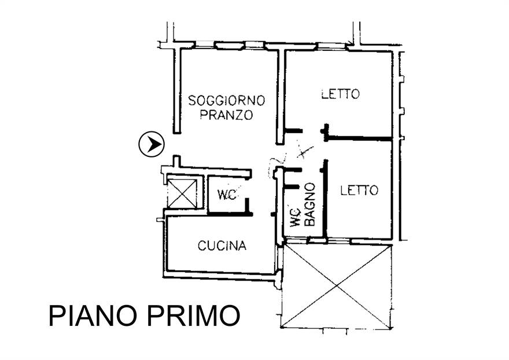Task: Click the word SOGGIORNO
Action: coord(227,100)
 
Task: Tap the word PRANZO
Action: coord(227,115)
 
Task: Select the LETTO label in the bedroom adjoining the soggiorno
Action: coord(341,94)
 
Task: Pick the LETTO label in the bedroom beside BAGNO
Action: coord(359,190)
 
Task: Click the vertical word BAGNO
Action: coord(310,204)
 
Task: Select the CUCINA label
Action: coord(222,246)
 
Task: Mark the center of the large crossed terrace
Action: coord(336,285)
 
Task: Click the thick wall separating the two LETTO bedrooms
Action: coord(362,138)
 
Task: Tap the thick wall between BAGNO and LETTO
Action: coord(326,197)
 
